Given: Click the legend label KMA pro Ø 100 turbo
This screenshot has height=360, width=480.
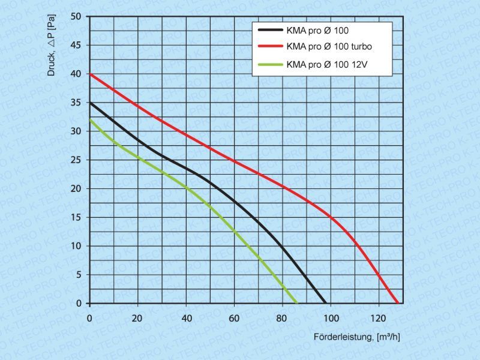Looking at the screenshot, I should (326, 46).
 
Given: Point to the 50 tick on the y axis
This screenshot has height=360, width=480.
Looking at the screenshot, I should (77, 16).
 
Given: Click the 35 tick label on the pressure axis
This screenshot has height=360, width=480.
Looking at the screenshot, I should (77, 103).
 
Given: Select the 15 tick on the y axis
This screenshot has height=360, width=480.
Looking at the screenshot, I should (77, 217).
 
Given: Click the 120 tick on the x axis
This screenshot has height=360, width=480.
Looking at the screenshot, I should (378, 317).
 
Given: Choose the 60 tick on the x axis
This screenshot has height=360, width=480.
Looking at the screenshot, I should (234, 317).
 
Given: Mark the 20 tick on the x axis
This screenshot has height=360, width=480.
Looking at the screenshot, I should (137, 317).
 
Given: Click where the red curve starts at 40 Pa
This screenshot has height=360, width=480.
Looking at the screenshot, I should (90, 74).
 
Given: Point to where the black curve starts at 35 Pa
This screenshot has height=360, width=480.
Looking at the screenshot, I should (90, 103).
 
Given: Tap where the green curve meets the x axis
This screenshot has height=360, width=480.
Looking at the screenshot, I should (296, 303).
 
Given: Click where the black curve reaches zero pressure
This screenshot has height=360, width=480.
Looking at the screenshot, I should (325, 303).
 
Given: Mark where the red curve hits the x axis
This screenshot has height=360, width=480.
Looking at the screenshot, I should (397, 303).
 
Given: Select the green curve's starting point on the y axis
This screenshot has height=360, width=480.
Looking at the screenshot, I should (90, 119).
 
